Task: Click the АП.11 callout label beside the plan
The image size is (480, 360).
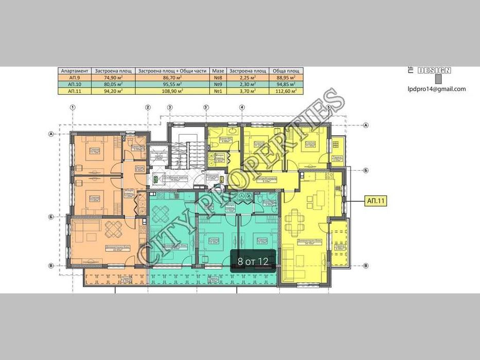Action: click(375, 202)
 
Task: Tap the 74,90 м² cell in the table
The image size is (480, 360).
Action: click(113, 78)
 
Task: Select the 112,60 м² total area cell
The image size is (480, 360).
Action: click(285, 91)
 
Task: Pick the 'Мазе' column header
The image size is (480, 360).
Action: click(218, 71)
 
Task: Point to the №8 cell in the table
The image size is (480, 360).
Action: click(218, 78)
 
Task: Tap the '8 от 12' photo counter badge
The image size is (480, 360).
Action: click(253, 261)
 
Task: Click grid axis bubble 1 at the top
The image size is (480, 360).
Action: click(73, 107)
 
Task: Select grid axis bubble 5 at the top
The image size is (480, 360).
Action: click(328, 107)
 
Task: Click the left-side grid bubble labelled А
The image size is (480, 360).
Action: click(51, 134)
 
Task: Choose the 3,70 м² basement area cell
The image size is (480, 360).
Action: click(247, 91)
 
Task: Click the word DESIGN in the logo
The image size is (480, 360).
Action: click(435, 70)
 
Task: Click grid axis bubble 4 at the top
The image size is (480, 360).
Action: click(241, 107)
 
